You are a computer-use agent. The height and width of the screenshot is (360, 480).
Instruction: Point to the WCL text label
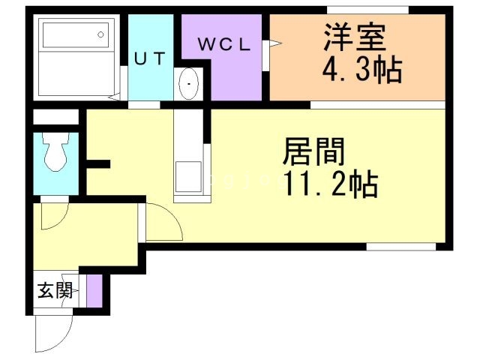(223, 44)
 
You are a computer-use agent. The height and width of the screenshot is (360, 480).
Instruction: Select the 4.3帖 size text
(362, 71)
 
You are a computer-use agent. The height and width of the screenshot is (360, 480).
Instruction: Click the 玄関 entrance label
(55, 289)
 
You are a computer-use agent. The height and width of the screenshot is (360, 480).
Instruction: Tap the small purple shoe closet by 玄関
(93, 291)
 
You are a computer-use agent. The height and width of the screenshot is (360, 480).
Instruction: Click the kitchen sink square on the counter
(187, 177)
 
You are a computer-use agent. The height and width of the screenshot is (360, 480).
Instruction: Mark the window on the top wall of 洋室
(367, 9)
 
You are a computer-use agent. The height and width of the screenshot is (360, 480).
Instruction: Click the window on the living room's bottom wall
(400, 246)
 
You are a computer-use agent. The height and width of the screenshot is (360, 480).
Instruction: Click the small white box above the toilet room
(55, 117)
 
